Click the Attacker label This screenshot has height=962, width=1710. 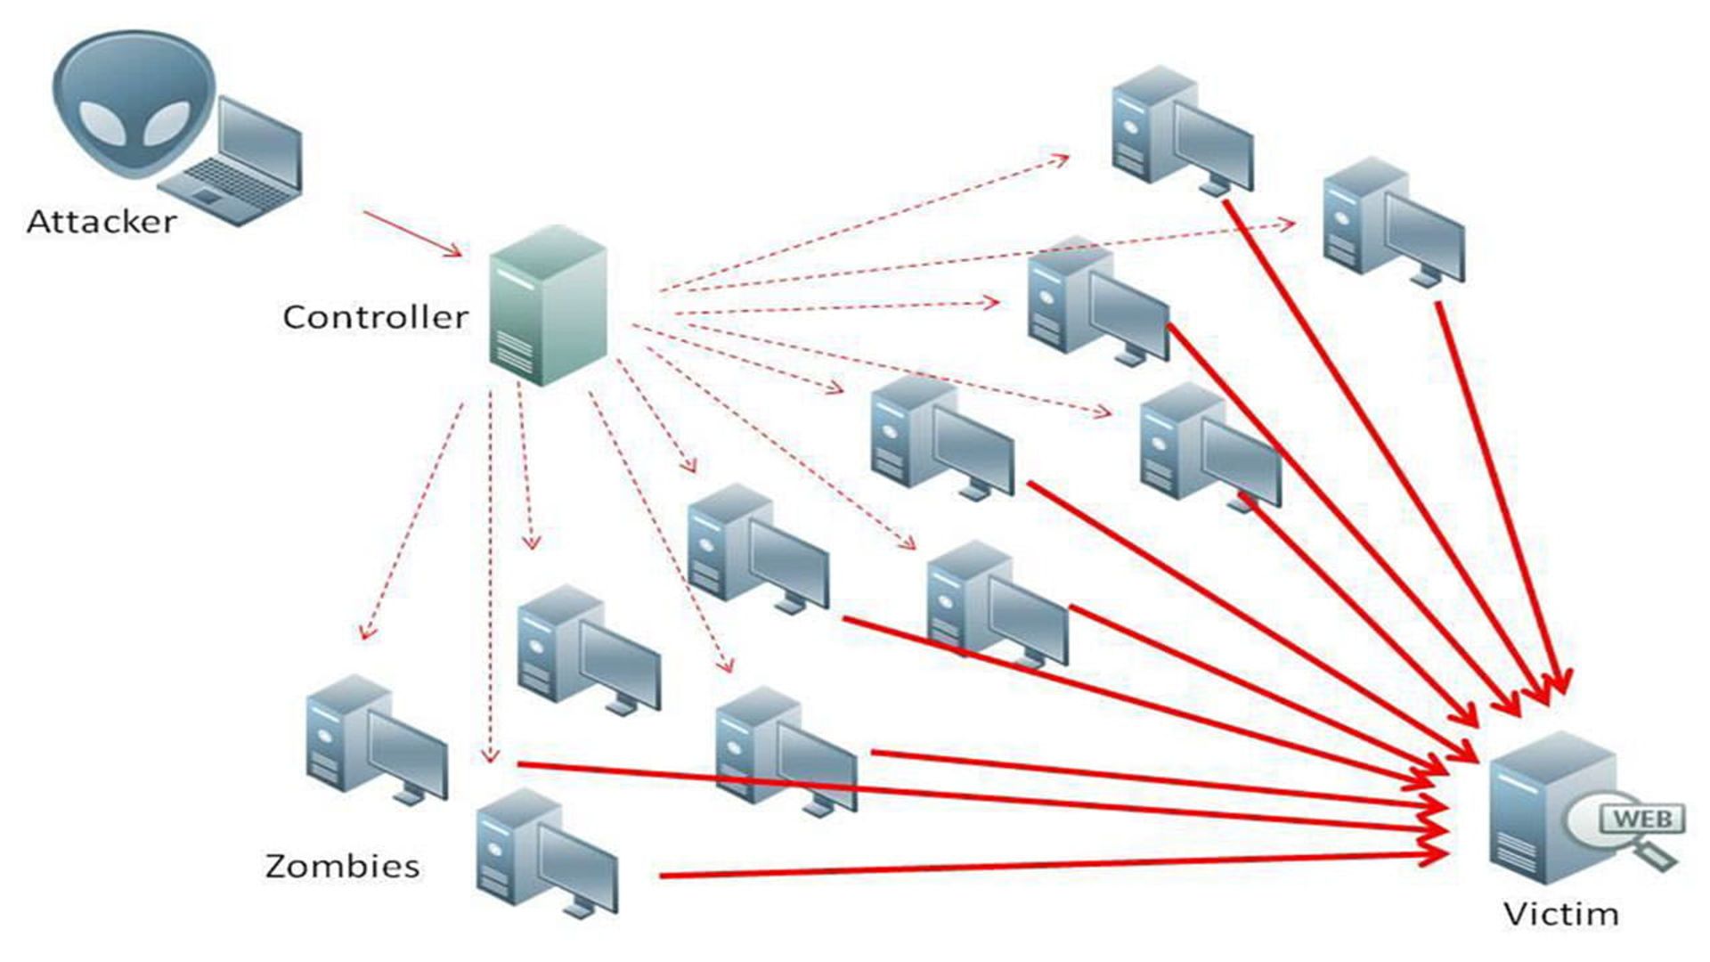coord(102,222)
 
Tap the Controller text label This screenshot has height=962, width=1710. coord(375,317)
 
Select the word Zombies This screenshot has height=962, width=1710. coord(343,866)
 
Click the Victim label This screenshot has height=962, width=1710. coord(1560,914)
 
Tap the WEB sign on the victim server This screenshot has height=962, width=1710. coord(1642,818)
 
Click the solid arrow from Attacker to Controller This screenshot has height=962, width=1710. coord(411,234)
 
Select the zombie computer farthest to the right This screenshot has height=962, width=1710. coord(1391,223)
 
